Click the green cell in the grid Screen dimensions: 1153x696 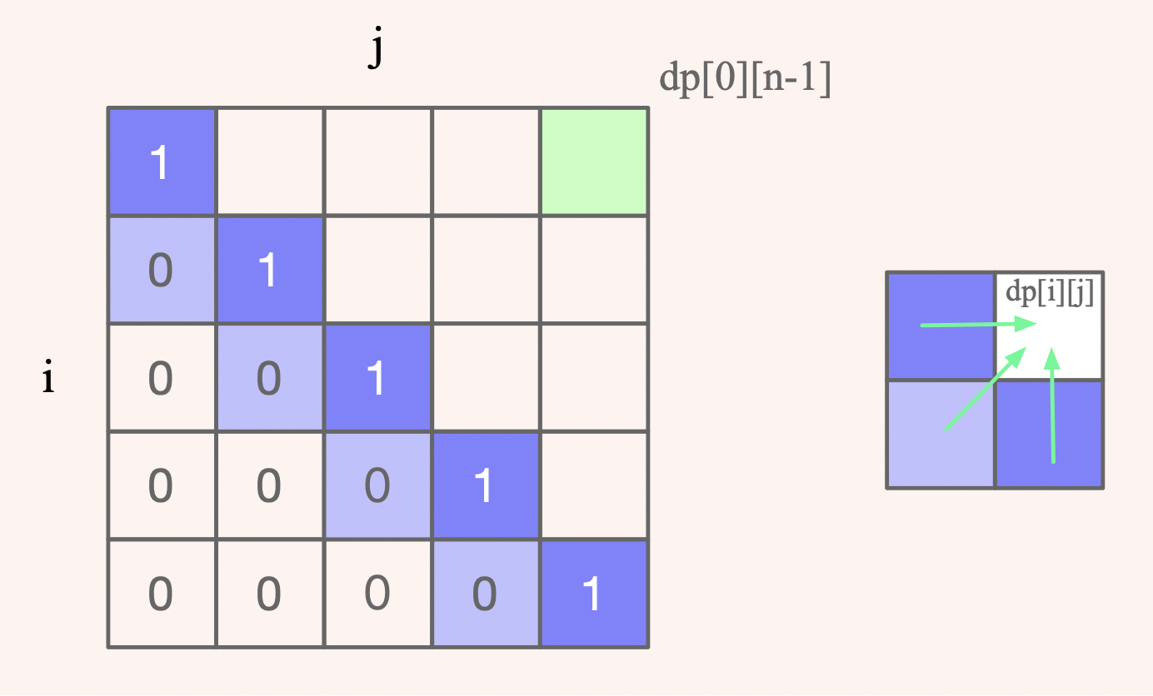(x=594, y=162)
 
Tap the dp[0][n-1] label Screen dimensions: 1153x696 (x=745, y=81)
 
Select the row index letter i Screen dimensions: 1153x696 (x=48, y=380)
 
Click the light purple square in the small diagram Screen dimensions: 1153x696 (x=941, y=435)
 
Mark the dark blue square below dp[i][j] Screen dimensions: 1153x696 (x=1050, y=435)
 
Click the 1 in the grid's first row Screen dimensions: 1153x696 (x=161, y=162)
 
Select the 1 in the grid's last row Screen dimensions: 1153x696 (x=592, y=594)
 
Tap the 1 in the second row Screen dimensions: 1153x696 (x=268, y=270)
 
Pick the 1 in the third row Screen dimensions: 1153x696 (x=377, y=378)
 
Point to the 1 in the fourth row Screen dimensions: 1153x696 (x=484, y=486)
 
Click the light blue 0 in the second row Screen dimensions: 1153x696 (x=161, y=270)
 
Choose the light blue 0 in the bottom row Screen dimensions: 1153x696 (x=484, y=594)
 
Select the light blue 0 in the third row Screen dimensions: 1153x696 (x=268, y=378)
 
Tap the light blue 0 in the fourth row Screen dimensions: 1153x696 (x=377, y=486)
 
